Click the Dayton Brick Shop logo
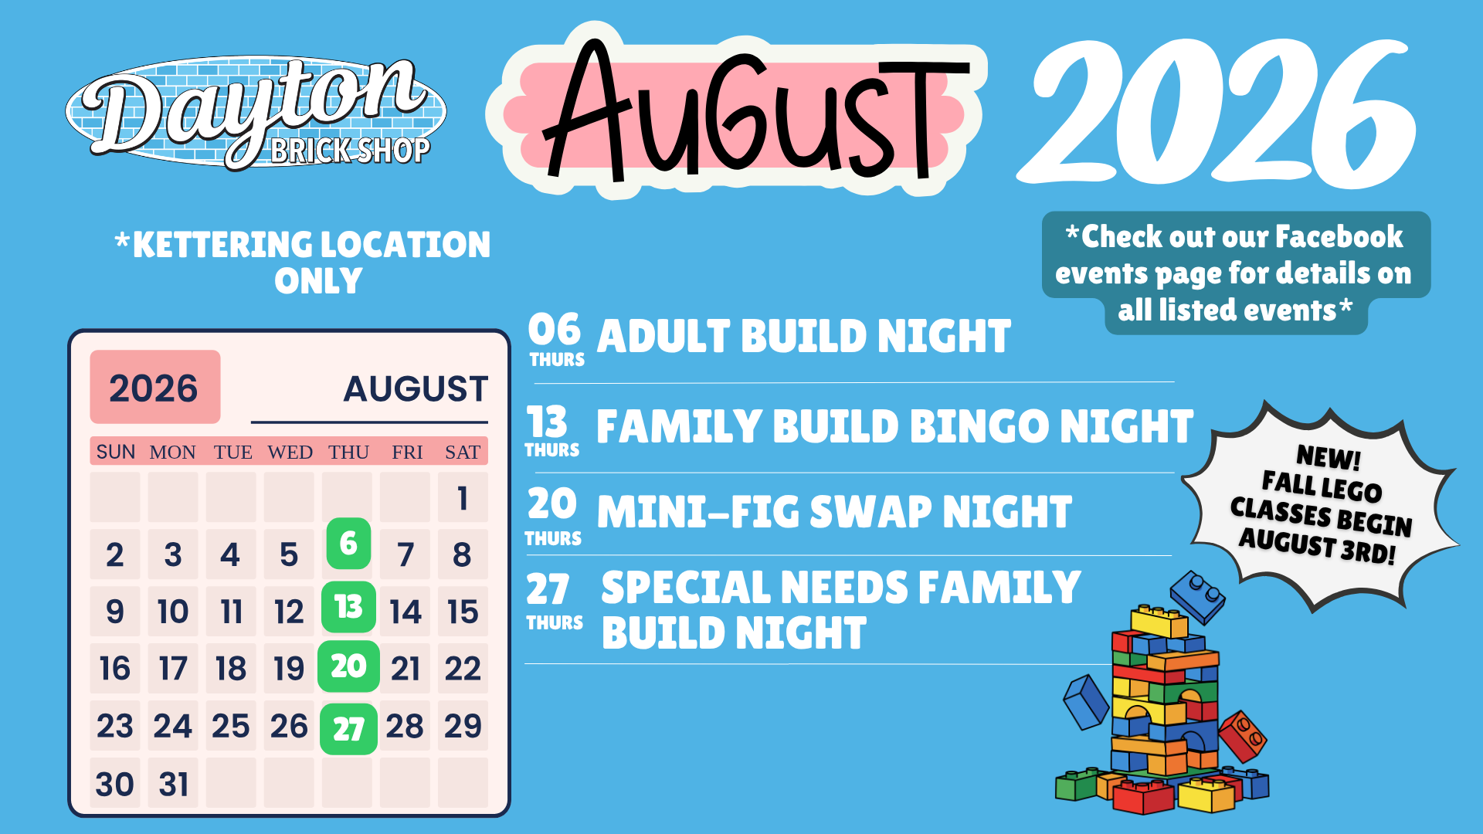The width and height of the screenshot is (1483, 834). click(x=256, y=112)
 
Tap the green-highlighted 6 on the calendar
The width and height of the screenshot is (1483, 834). click(x=348, y=544)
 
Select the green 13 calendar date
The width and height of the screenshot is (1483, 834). click(x=348, y=607)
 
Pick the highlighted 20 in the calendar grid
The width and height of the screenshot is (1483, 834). click(x=348, y=666)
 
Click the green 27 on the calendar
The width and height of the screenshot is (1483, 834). click(x=348, y=729)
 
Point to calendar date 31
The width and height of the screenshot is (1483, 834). click(x=174, y=785)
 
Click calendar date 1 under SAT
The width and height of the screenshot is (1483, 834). click(x=463, y=498)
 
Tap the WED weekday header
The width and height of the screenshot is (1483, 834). click(x=290, y=452)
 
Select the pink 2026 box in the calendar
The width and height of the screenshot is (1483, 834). click(x=155, y=387)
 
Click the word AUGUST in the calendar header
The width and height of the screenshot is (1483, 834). click(x=416, y=388)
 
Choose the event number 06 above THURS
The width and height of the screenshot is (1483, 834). click(x=555, y=330)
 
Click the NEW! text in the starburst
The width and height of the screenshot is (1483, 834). click(x=1329, y=457)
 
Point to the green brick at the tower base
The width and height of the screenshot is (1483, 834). click(x=1077, y=784)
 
